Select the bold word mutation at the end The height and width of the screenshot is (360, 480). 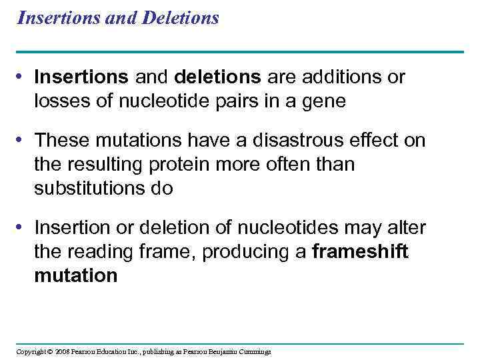click(x=76, y=275)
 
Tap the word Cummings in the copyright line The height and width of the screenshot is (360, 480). click(x=253, y=351)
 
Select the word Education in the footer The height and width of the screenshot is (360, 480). click(x=113, y=351)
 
